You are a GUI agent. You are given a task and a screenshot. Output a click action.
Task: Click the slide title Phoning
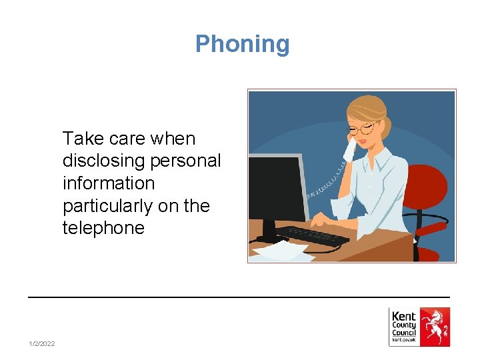[x=242, y=44]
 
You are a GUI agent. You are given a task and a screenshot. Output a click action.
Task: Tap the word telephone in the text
[x=103, y=228]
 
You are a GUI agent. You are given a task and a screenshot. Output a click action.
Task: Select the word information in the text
[x=108, y=183]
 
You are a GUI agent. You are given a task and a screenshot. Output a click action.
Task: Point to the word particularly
[x=107, y=206]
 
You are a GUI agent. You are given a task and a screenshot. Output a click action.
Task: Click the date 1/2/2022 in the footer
[x=42, y=343]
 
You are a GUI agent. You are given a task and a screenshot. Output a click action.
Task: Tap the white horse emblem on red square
[x=435, y=327]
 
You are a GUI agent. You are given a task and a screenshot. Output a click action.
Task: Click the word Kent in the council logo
[x=404, y=316]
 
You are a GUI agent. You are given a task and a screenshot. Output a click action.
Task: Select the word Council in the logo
[x=404, y=333]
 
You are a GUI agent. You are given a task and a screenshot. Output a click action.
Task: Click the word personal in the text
[x=194, y=161]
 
